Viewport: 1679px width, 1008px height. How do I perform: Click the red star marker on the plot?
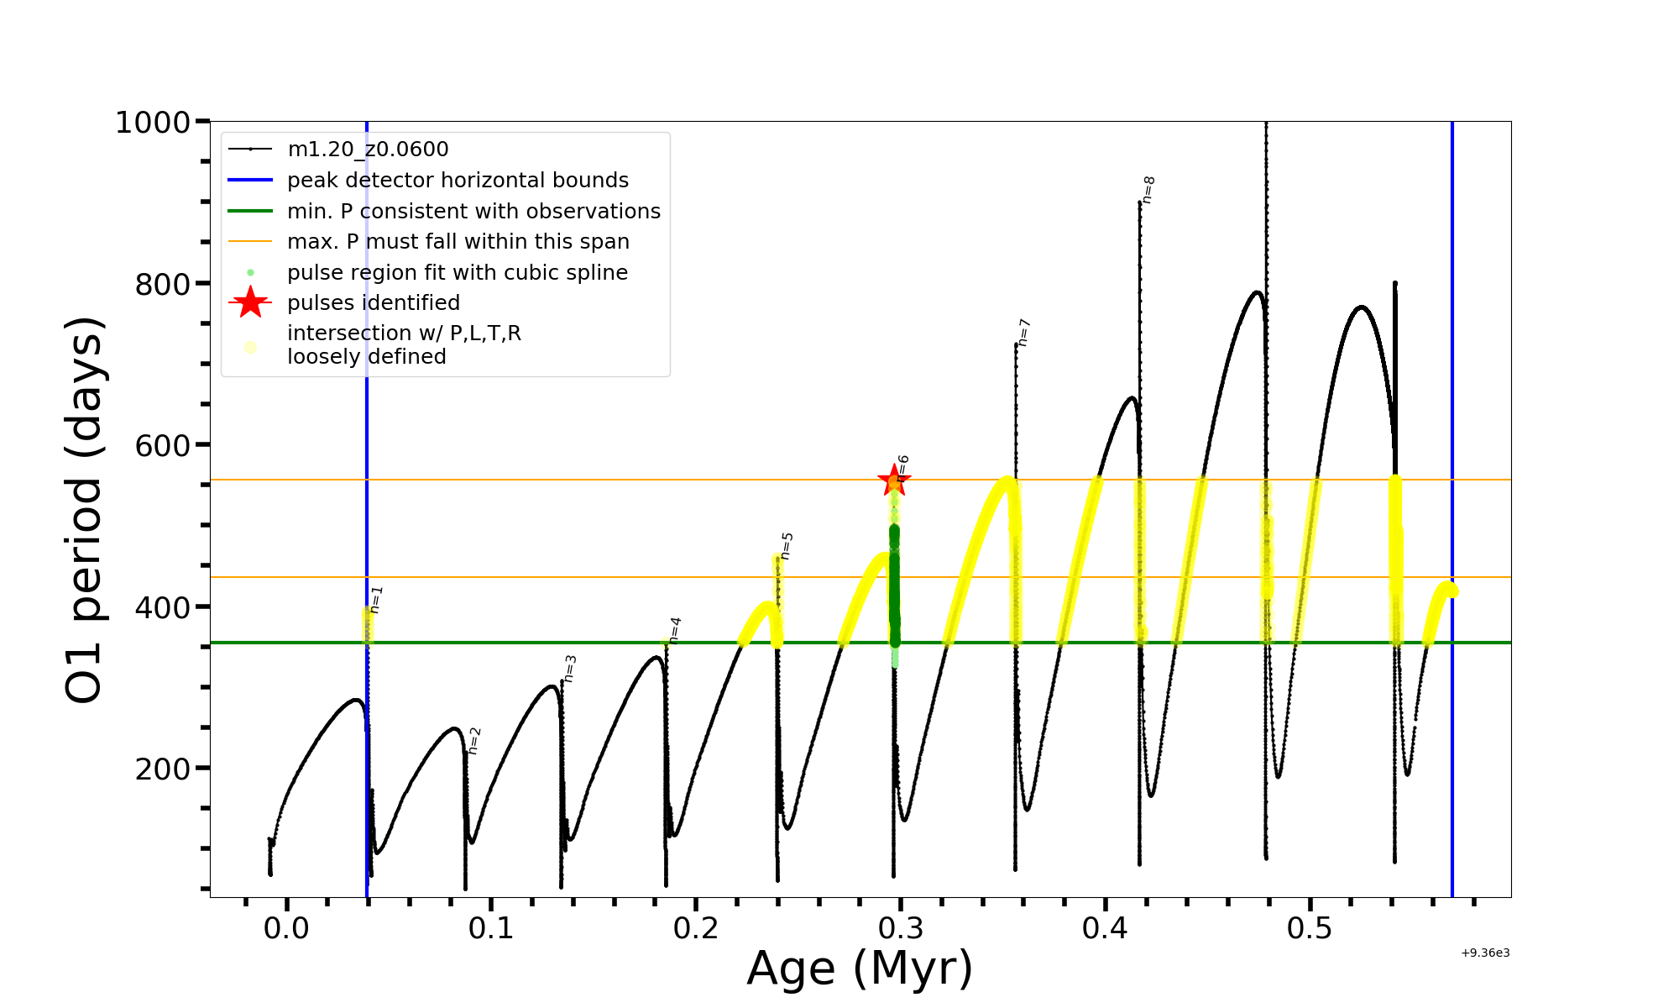pyautogui.click(x=894, y=481)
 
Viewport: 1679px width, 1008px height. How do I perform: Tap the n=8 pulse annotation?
pyautogui.click(x=1149, y=190)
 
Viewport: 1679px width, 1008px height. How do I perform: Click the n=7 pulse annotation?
pyautogui.click(x=1024, y=333)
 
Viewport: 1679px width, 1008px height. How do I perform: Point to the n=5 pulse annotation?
pyautogui.click(x=787, y=546)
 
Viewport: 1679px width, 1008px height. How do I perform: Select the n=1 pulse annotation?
pyautogui.click(x=376, y=600)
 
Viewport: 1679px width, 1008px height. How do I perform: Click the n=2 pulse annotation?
pyautogui.click(x=474, y=741)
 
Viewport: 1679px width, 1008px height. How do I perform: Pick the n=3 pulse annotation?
pyautogui.click(x=570, y=669)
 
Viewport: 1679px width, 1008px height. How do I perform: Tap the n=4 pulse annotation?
pyautogui.click(x=676, y=630)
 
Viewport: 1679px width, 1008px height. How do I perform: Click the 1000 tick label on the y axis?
pyautogui.click(x=153, y=123)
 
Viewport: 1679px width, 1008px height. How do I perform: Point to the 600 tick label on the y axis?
pyautogui.click(x=163, y=445)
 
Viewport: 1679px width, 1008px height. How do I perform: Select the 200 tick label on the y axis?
pyautogui.click(x=163, y=769)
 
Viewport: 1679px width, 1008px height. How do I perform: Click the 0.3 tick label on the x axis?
pyautogui.click(x=900, y=928)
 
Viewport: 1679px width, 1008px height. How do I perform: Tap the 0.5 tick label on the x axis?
pyautogui.click(x=1310, y=928)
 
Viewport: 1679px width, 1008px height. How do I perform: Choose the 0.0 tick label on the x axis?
pyautogui.click(x=286, y=928)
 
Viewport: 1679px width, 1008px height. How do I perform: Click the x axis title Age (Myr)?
pyautogui.click(x=860, y=969)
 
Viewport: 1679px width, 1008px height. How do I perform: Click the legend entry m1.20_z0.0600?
pyautogui.click(x=368, y=150)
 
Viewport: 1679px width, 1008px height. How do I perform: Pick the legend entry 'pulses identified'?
pyautogui.click(x=374, y=303)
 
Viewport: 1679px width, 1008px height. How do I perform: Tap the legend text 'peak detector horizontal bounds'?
pyautogui.click(x=458, y=181)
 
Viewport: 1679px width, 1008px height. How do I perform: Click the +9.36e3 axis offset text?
pyautogui.click(x=1485, y=953)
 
